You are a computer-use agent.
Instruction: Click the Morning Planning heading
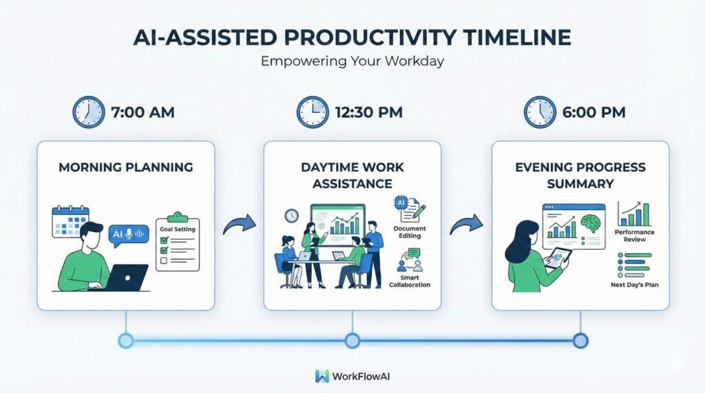tap(125, 167)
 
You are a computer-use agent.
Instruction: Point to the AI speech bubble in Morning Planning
tap(129, 234)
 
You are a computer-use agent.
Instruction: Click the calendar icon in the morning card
tap(70, 221)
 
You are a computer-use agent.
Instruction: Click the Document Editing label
tap(410, 232)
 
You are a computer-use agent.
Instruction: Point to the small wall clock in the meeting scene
tap(291, 215)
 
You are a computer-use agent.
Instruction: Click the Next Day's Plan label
tap(634, 284)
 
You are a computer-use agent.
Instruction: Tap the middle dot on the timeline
tap(352, 340)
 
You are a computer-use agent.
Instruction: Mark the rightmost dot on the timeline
tap(580, 340)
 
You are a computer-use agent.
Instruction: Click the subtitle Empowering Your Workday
tap(352, 61)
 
